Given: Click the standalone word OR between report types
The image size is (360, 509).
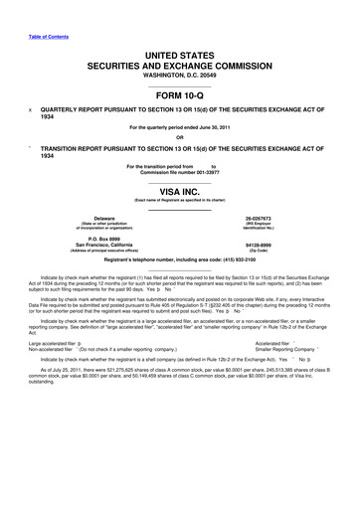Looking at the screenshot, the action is coord(180,137).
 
